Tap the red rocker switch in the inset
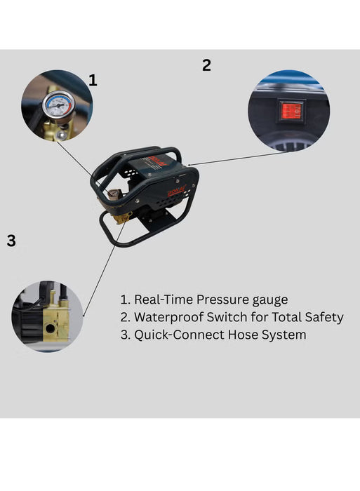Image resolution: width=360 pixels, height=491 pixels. pos(291,110)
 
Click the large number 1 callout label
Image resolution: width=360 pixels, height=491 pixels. pos(93,80)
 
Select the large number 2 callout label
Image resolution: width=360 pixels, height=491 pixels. pos(206,65)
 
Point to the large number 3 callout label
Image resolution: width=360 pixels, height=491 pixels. pos(11,241)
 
